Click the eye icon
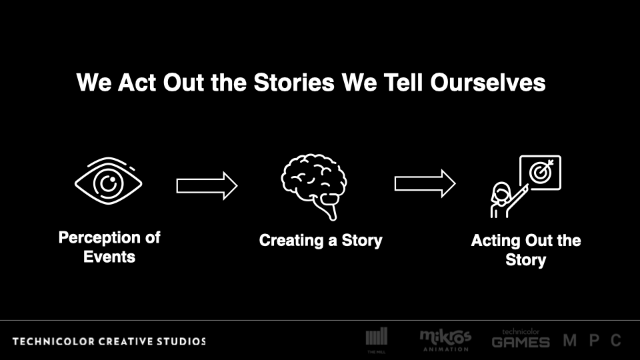coord(109,181)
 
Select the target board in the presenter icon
coord(541,173)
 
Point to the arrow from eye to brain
coord(207,186)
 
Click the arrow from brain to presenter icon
coord(425,184)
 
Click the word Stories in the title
coord(294,83)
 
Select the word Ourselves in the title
coord(488,83)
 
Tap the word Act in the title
coord(137,83)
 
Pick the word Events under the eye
coord(109,257)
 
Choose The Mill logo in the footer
coord(376,340)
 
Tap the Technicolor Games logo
coord(521,338)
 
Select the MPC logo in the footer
coord(592,340)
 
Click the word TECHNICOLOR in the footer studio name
coord(53,341)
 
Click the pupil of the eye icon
coord(109,183)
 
